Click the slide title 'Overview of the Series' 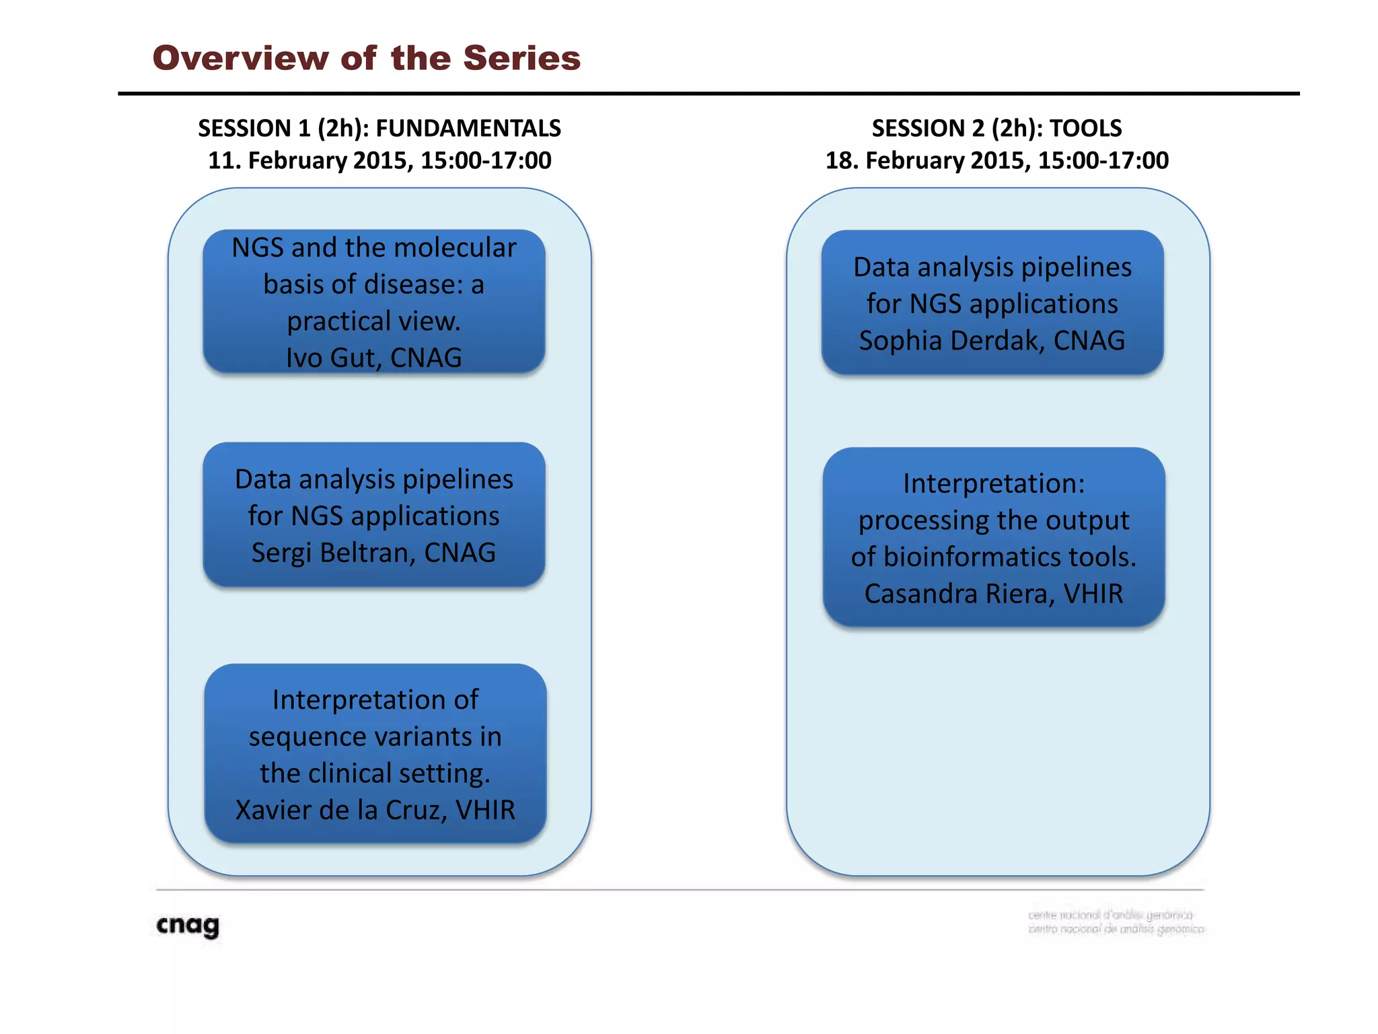tap(366, 58)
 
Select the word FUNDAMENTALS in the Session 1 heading tap(468, 128)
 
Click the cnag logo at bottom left tap(188, 926)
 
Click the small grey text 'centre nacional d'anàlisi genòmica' tap(1110, 915)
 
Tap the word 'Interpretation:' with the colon tap(994, 484)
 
